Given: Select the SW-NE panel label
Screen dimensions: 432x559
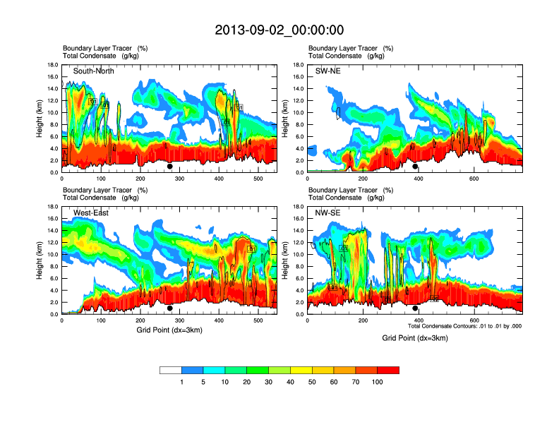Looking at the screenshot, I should pos(329,71).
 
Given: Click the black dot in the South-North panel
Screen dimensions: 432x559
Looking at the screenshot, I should pos(169,167).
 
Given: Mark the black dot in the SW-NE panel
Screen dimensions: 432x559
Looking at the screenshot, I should pos(415,167).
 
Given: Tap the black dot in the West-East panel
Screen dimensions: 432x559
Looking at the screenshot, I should pos(169,308).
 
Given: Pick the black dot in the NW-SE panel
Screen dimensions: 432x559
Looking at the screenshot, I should pos(415,308).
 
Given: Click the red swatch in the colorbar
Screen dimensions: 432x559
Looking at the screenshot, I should pos(388,370).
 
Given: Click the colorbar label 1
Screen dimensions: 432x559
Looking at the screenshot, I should pos(181,381).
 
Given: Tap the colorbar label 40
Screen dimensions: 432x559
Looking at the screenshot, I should pos(290,381).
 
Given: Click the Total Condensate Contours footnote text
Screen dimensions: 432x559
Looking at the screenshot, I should pos(464,326).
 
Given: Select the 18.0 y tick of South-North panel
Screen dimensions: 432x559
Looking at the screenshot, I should pos(52,65).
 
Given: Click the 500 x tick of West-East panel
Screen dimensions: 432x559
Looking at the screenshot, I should pos(337,320).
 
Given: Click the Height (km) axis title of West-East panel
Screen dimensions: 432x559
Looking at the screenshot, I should pos(40,260).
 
